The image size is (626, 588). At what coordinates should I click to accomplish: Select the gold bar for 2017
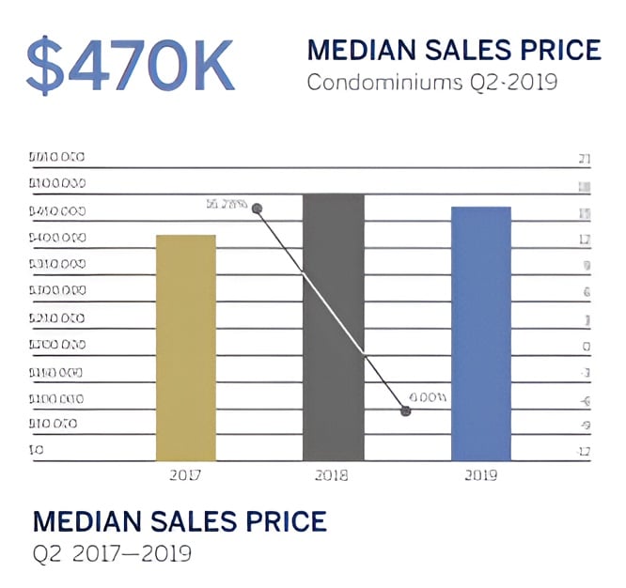(185, 348)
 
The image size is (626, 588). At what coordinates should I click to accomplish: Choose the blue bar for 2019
(480, 333)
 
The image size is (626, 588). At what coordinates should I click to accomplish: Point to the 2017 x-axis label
(185, 475)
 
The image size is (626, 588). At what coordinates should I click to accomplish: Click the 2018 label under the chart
(333, 475)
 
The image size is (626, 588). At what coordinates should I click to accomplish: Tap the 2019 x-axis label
(480, 475)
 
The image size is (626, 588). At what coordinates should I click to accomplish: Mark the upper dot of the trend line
(257, 209)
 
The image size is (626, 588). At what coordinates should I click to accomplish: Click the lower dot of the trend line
(406, 410)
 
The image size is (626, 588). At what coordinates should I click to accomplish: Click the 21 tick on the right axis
(584, 158)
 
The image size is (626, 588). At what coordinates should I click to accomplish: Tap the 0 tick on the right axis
(586, 347)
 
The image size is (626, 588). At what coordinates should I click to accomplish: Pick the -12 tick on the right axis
(584, 454)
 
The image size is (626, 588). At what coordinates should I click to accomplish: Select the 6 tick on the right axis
(586, 292)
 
